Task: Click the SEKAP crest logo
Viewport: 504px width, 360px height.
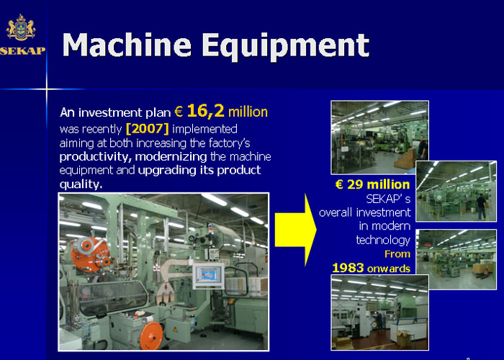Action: coord(21,27)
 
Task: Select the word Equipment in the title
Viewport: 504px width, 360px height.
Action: coord(286,46)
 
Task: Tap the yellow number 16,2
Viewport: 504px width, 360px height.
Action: coord(205,111)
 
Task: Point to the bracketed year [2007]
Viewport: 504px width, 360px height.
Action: coord(148,129)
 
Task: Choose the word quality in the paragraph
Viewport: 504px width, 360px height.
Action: coord(81,184)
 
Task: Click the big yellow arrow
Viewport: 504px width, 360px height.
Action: coord(295,230)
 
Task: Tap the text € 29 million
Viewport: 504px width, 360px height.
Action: coord(372,184)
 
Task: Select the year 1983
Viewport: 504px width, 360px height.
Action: coord(348,268)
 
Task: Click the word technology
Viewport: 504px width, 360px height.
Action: coord(383,240)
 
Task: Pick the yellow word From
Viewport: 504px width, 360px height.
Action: coord(397,254)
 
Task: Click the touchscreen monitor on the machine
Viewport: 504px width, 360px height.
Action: coord(209,276)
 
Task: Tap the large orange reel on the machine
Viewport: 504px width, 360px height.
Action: coord(87,254)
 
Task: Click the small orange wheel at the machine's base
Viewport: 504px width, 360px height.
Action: coord(150,335)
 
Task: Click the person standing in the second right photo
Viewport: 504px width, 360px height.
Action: coord(481,207)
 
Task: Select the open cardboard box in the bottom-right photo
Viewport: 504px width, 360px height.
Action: coord(402,338)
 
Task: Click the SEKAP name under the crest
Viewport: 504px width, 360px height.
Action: coord(22,51)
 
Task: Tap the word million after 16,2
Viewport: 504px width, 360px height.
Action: coord(248,112)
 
